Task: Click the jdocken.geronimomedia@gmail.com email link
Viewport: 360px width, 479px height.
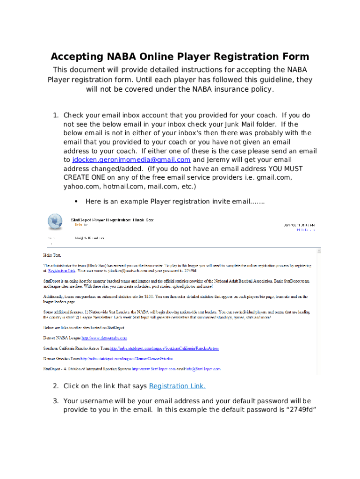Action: tap(131, 160)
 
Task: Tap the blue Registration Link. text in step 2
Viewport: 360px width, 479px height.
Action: tap(177, 386)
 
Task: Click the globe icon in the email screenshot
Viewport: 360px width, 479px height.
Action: tap(55, 222)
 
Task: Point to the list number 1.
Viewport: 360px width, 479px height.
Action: tap(55, 116)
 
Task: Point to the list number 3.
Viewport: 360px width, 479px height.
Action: tap(55, 401)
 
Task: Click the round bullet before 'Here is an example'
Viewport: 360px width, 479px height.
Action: tap(76, 202)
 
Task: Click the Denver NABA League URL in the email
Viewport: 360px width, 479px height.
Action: tap(105, 338)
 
